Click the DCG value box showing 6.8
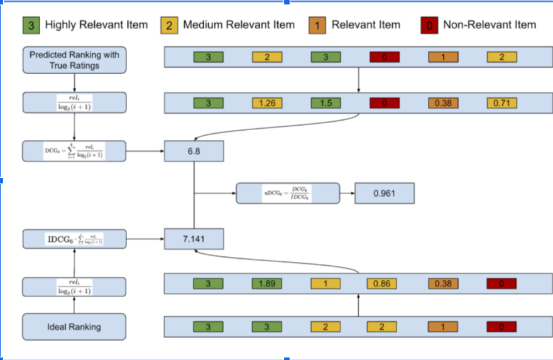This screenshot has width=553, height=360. point(194,151)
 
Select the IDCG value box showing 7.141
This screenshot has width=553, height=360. point(194,239)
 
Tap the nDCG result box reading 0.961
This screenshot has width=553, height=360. point(384,194)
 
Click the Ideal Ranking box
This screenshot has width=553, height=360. point(74,327)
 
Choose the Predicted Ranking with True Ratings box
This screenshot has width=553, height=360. point(74,60)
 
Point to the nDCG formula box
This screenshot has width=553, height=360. point(287,194)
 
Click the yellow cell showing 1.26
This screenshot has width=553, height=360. point(267,103)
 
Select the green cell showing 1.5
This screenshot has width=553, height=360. point(326,103)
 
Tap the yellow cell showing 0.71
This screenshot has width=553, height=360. point(501,103)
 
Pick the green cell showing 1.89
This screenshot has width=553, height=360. point(267,283)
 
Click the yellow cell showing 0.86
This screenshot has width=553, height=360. point(381,283)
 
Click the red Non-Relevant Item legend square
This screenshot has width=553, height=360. point(430,25)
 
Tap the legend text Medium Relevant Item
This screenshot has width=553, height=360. point(239,25)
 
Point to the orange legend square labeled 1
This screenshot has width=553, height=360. point(318,25)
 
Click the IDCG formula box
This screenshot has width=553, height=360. point(74,239)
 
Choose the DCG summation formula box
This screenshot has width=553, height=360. point(74,151)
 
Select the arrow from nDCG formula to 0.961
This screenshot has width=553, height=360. point(347,194)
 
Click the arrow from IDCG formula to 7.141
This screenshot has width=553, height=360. point(145,239)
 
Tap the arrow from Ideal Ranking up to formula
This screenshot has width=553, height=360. point(74,305)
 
